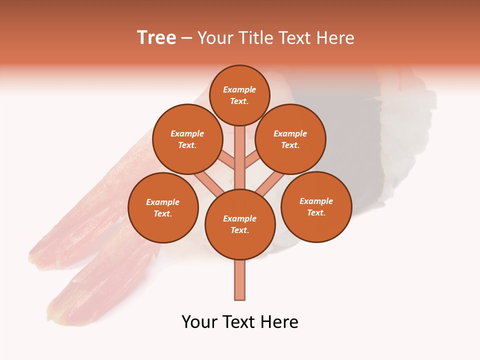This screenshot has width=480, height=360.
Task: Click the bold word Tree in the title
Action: [156, 38]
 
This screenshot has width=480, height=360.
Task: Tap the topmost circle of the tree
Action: [239, 95]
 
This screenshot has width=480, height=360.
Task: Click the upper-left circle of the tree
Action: [187, 139]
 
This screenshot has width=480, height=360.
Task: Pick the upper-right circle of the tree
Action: [290, 139]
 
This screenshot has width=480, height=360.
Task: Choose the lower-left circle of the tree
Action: [163, 207]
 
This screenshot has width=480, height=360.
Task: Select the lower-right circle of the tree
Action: [316, 206]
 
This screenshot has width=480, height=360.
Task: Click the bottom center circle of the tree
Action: [240, 224]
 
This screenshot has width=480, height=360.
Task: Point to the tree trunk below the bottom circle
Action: [239, 280]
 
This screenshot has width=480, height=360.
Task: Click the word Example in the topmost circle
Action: [239, 89]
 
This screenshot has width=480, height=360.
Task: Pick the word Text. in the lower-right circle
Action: [316, 212]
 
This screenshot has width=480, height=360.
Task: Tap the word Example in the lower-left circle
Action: [163, 202]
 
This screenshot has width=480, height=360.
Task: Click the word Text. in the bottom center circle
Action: [240, 230]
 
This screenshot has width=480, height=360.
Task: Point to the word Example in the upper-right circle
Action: [290, 133]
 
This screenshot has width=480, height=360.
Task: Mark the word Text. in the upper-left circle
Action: [187, 145]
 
